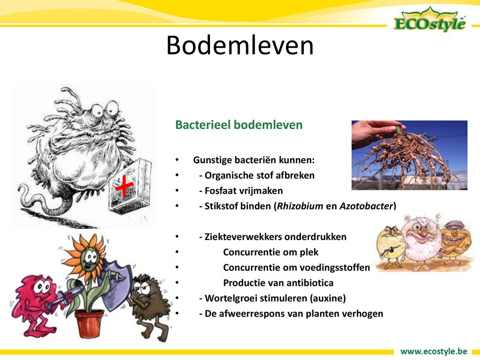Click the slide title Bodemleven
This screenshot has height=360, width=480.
240,45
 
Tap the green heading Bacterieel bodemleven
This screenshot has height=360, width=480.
239,125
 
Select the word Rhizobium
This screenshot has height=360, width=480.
300,206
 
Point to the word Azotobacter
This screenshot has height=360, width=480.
366,206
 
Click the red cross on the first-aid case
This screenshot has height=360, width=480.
124,185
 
